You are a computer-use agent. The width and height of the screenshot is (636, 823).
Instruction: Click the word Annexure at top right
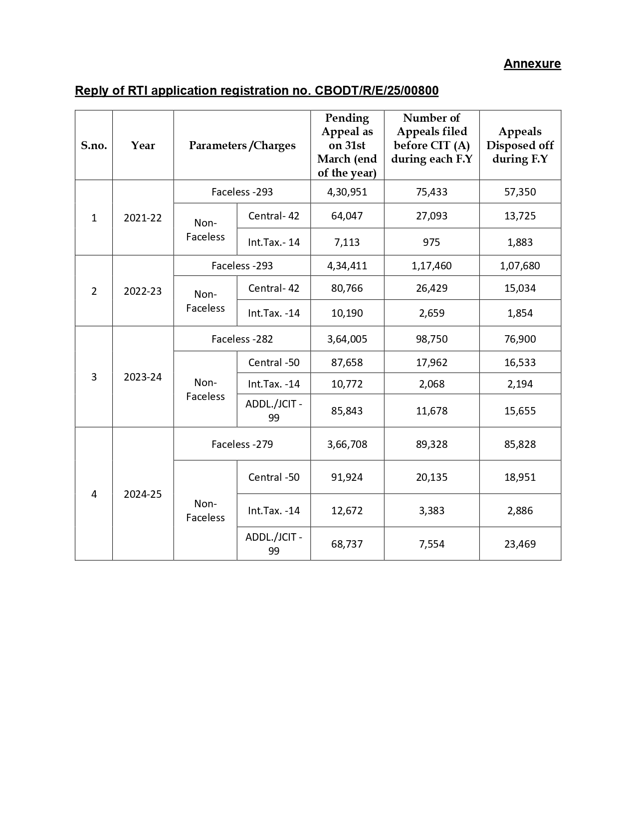532,64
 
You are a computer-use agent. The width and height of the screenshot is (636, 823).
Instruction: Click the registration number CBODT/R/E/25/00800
377,91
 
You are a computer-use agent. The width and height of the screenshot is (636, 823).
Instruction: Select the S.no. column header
94,146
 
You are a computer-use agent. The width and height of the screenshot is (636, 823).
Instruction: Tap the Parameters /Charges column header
242,146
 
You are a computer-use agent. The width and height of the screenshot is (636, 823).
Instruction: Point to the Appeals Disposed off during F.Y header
520,145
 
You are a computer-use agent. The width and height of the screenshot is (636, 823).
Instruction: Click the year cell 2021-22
143,218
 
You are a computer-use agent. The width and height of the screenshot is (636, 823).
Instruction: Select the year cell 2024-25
143,494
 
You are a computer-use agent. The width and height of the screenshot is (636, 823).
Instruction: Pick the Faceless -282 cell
242,339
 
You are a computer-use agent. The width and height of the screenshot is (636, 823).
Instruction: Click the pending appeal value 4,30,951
347,192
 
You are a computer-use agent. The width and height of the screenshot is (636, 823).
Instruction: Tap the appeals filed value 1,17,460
431,266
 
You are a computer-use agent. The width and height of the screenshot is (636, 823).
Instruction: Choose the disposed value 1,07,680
520,266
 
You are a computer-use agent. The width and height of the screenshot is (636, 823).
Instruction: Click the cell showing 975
431,242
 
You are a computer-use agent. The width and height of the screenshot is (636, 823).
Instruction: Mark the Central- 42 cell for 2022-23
274,288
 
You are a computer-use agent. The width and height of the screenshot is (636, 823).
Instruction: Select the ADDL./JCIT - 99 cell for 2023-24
274,411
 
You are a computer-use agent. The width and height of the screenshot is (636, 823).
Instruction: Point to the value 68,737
347,544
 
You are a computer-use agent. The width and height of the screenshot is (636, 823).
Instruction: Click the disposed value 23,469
520,544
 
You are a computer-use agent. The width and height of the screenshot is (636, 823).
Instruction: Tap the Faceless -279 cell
242,444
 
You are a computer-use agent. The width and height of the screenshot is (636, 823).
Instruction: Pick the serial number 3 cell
94,377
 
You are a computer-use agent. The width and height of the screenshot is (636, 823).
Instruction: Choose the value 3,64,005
347,339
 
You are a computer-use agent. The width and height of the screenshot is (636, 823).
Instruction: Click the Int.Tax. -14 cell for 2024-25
274,511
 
